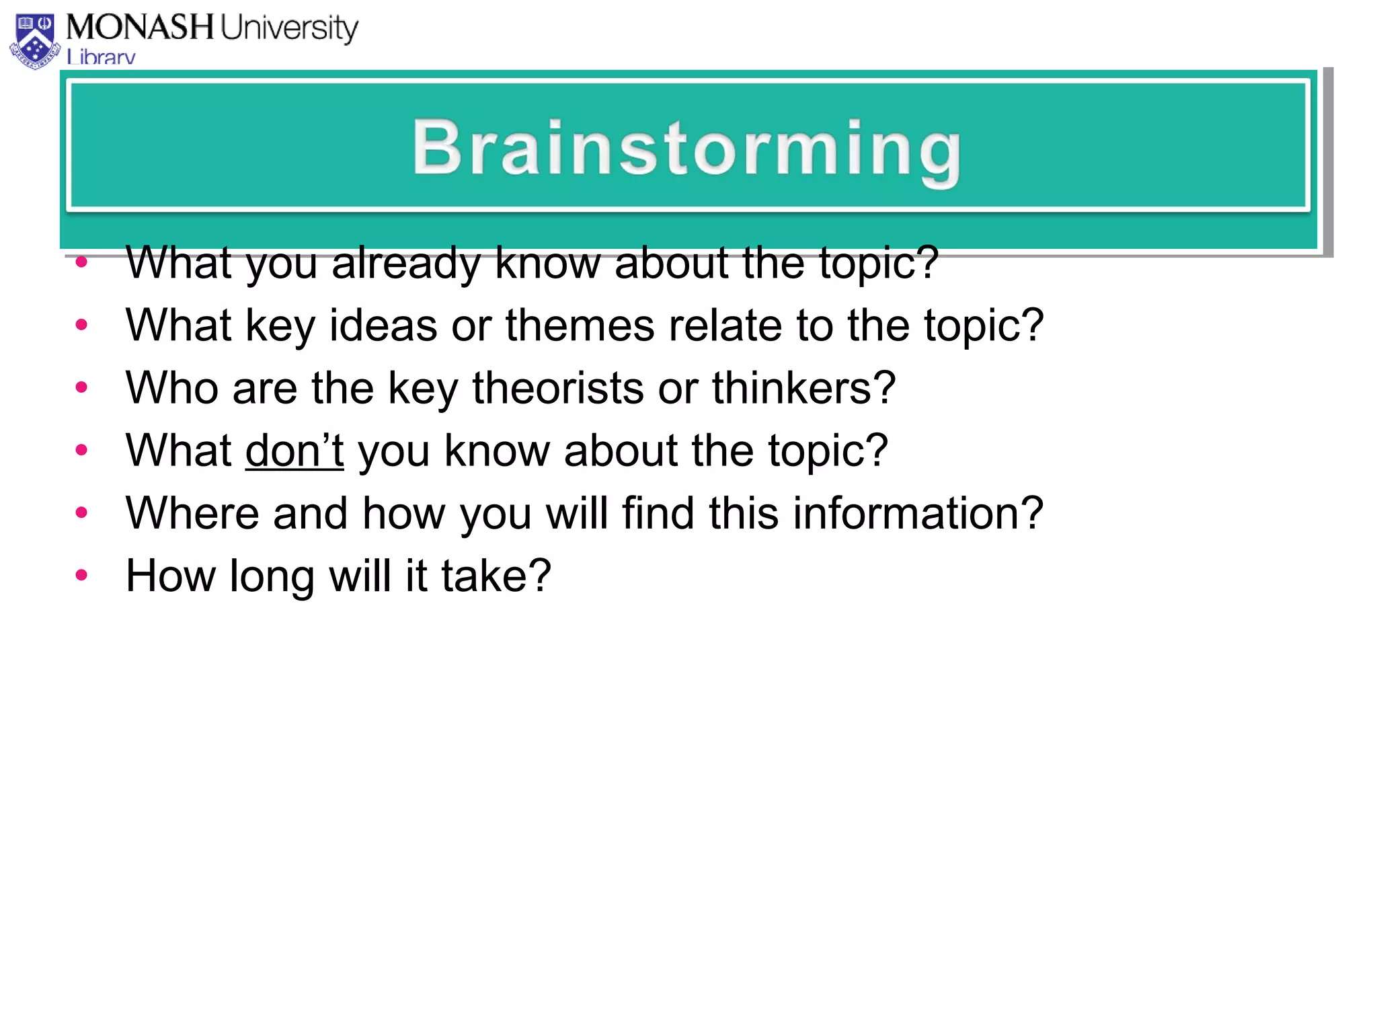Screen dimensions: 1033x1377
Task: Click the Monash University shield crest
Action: pos(35,41)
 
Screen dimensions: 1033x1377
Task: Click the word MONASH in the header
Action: pos(139,28)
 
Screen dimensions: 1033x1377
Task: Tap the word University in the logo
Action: pos(289,29)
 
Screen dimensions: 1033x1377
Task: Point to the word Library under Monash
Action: pos(101,57)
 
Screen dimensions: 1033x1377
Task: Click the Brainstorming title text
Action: pos(686,149)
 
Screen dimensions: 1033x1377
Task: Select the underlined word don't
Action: pos(294,451)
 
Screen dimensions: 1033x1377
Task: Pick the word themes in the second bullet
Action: pos(579,326)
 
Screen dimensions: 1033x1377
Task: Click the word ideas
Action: pos(383,326)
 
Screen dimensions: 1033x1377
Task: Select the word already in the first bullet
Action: pos(405,263)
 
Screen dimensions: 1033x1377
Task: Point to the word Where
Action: pos(192,513)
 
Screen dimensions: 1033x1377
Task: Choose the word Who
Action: pos(172,388)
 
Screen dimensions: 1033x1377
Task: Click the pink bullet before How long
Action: pos(82,574)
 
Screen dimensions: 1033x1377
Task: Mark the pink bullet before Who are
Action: pos(82,387)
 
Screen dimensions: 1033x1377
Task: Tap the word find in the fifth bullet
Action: pos(657,513)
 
